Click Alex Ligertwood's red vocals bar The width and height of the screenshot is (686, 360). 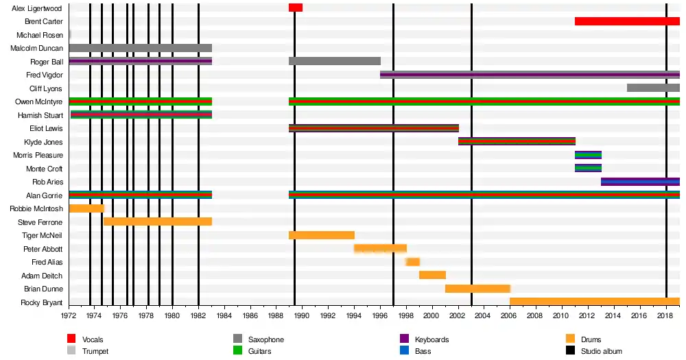tap(295, 8)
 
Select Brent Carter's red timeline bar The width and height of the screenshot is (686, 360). tap(627, 21)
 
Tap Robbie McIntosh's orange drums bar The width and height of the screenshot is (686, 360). tap(86, 208)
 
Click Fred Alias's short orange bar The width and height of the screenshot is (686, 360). tap(412, 262)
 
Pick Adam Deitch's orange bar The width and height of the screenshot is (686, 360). tap(432, 275)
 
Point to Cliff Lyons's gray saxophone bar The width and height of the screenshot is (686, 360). tap(653, 88)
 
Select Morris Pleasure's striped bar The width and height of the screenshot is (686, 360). tap(588, 155)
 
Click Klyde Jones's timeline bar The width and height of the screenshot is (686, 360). tap(517, 141)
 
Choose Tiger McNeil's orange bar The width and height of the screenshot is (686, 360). tap(321, 235)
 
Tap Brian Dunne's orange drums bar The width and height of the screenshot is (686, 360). tap(477, 289)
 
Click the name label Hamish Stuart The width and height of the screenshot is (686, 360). tap(40, 115)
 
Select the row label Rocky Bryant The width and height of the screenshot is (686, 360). tap(41, 302)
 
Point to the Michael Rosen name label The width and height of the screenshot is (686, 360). tap(39, 35)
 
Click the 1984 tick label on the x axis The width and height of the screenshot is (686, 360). tap(224, 316)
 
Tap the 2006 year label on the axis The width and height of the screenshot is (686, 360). tap(509, 316)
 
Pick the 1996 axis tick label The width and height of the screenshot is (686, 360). tap(379, 316)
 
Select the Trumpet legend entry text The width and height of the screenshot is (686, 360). tap(95, 351)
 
